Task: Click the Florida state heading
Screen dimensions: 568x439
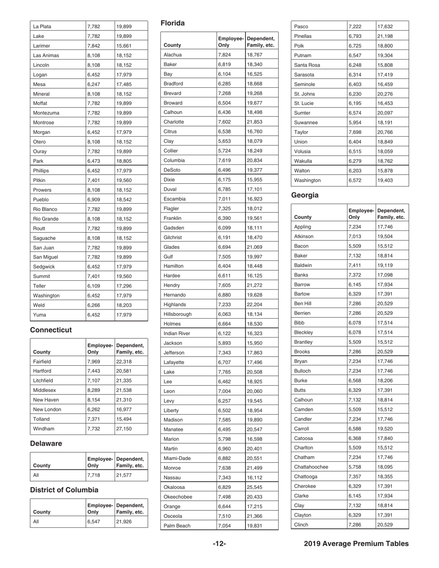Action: (x=172, y=23)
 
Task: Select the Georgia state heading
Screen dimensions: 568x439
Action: (x=305, y=195)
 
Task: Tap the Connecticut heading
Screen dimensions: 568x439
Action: (x=51, y=330)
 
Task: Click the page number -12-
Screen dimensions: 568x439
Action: (x=219, y=544)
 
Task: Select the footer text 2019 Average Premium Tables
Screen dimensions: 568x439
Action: (x=356, y=544)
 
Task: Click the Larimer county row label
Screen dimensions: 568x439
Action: (x=42, y=46)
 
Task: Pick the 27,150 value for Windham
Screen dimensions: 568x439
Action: (x=124, y=429)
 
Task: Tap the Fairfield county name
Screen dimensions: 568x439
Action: (x=42, y=362)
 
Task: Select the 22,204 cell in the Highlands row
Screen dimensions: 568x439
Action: (x=255, y=304)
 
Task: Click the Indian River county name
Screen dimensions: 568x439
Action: (x=180, y=333)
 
